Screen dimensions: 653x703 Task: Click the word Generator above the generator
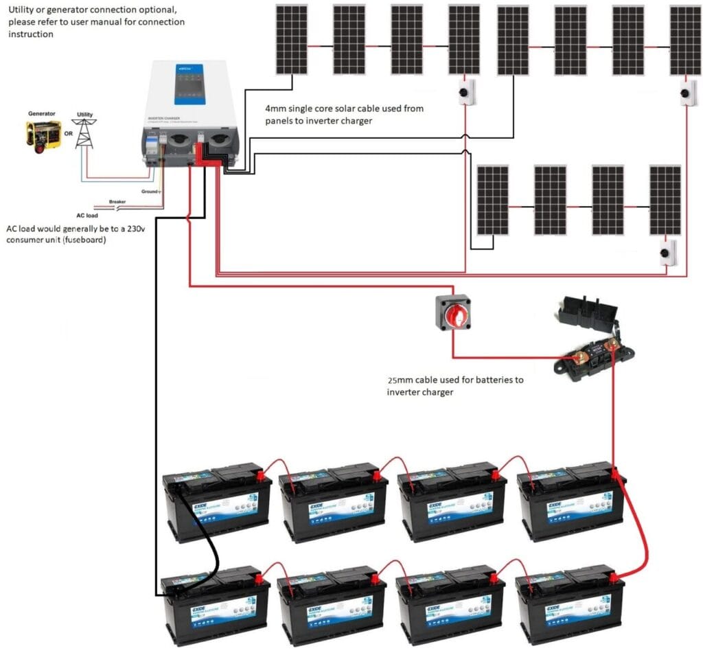pyautogui.click(x=42, y=113)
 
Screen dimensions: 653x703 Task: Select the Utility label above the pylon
pyautogui.click(x=84, y=115)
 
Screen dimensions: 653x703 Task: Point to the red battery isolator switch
pyautogui.click(x=453, y=312)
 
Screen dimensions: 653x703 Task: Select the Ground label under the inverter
pyautogui.click(x=150, y=191)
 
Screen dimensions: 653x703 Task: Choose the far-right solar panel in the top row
pyautogui.click(x=685, y=40)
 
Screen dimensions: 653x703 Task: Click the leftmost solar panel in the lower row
pyautogui.click(x=493, y=199)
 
